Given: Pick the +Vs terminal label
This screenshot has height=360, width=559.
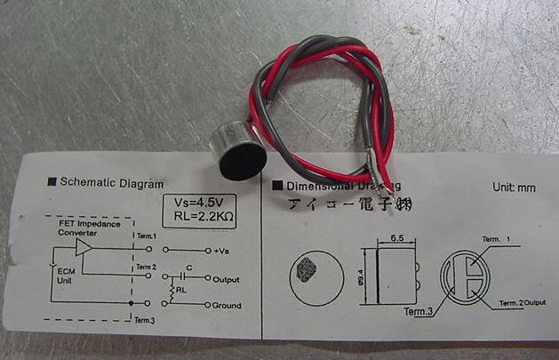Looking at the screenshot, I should (x=224, y=251).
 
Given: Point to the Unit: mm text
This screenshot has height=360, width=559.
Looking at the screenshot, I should (x=515, y=188).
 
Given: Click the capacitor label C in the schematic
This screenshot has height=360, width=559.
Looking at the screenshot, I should (x=189, y=267).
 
